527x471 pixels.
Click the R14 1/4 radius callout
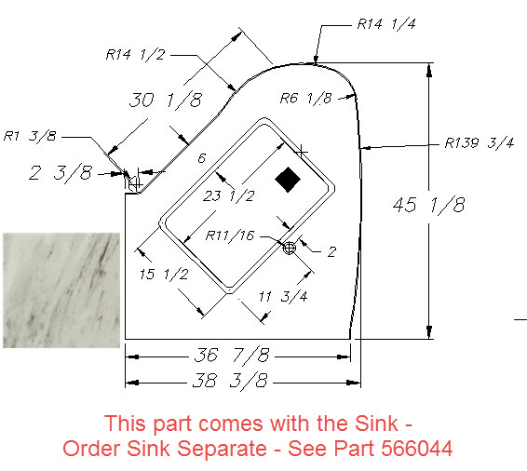click(386, 24)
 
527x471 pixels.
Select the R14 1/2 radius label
click(135, 54)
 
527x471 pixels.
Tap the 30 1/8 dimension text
click(166, 100)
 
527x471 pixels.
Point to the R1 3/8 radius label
click(30, 136)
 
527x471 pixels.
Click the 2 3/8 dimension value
click(61, 173)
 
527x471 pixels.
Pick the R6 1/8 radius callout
click(305, 98)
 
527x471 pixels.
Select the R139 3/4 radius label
click(480, 142)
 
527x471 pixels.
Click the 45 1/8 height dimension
click(429, 205)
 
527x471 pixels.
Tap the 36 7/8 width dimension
click(232, 355)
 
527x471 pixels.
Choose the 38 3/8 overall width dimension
click(231, 381)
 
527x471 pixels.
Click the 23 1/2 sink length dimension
click(228, 195)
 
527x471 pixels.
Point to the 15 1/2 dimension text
click(164, 275)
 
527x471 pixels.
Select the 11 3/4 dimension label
click(283, 296)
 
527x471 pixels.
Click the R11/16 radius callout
click(230, 235)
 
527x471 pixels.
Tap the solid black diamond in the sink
click(288, 180)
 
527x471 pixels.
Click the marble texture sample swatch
click(61, 290)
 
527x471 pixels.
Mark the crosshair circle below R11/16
click(290, 248)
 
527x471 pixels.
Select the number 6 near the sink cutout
click(202, 158)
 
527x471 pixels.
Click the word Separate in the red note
click(222, 449)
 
